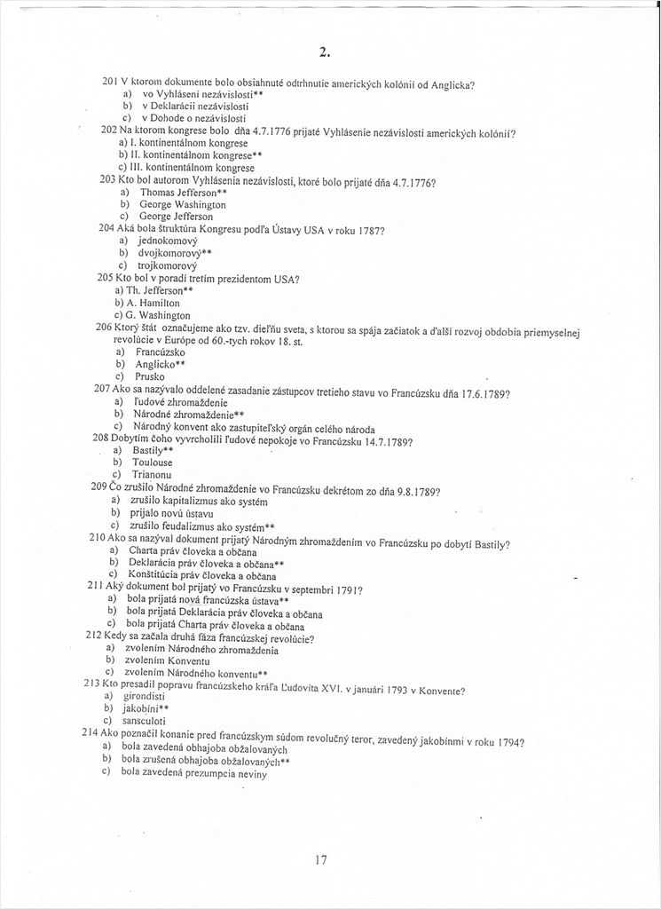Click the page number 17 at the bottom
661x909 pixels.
pyautogui.click(x=322, y=858)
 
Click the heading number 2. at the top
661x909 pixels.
pyautogui.click(x=325, y=51)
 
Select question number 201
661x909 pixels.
pyautogui.click(x=110, y=82)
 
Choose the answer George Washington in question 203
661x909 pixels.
pyautogui.click(x=183, y=204)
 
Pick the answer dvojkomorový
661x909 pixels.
pyautogui.click(x=169, y=252)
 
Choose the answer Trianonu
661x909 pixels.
pyautogui.click(x=153, y=475)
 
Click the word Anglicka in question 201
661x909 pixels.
pyautogui.click(x=451, y=85)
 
